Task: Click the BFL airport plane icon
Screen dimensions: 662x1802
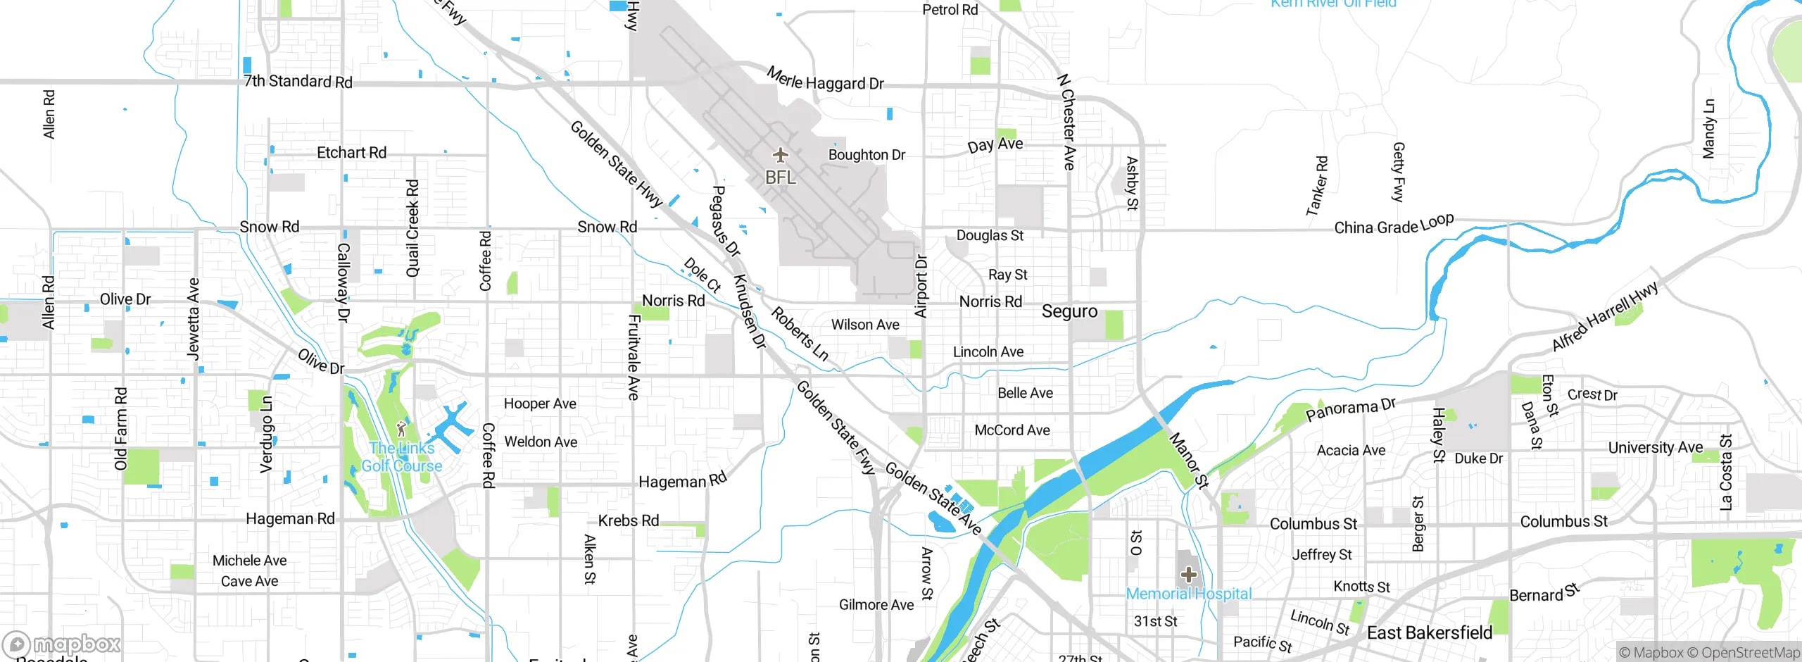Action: [x=780, y=155]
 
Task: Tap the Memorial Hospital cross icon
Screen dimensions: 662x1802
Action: [x=1189, y=575]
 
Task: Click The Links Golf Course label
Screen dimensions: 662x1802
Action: [x=402, y=457]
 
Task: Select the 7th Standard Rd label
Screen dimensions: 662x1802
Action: [x=298, y=81]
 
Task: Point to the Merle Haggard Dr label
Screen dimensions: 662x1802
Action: [x=825, y=80]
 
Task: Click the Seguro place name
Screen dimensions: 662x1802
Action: [x=1069, y=311]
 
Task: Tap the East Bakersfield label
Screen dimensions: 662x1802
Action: [x=1429, y=632]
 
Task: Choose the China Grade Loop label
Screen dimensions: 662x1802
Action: [x=1394, y=225]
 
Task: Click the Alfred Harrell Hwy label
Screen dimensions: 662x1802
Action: [x=1605, y=316]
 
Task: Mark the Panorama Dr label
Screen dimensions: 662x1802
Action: [x=1350, y=408]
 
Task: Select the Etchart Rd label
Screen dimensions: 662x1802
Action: [x=351, y=153]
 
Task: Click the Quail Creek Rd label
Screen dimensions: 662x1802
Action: [x=412, y=228]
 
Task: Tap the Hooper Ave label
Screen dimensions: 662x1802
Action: [x=540, y=404]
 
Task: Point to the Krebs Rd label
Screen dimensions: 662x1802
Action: [x=628, y=520]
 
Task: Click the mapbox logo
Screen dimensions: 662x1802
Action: [x=62, y=644]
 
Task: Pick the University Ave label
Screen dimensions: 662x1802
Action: [x=1655, y=447]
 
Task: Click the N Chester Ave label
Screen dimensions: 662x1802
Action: [x=1068, y=122]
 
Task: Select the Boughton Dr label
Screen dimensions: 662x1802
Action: [x=867, y=155]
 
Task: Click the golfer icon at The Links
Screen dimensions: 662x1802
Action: [x=401, y=428]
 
